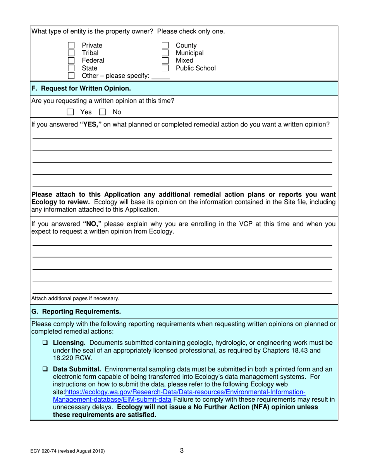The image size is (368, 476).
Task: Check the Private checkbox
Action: click(x=71, y=45)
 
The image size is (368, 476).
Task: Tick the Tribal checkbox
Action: click(x=71, y=53)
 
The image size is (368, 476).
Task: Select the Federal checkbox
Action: click(x=71, y=60)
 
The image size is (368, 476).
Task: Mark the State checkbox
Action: click(x=71, y=68)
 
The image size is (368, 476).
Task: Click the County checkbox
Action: click(x=165, y=45)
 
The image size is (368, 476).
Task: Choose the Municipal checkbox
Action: click(x=165, y=53)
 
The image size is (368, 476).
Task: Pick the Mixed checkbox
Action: click(x=165, y=60)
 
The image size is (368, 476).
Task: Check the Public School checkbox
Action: click(x=165, y=68)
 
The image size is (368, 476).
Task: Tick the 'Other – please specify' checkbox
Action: click(x=71, y=76)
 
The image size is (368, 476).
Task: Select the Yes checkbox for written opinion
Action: click(x=71, y=112)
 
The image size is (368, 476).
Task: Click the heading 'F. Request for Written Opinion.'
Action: click(x=81, y=89)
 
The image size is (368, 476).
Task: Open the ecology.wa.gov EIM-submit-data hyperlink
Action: click(x=186, y=392)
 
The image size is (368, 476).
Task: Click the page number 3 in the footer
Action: click(x=182, y=450)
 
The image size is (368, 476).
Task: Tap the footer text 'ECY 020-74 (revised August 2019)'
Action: click(x=68, y=451)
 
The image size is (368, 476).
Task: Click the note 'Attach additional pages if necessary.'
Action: click(x=75, y=298)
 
